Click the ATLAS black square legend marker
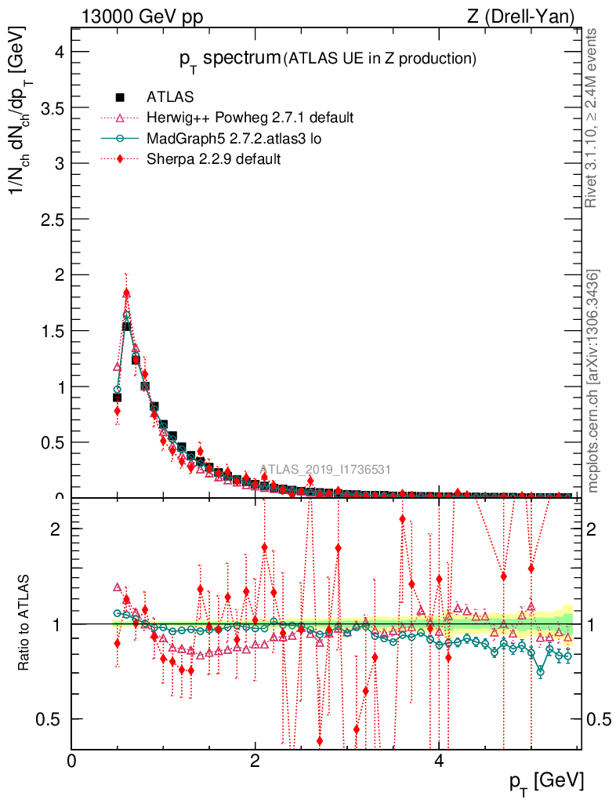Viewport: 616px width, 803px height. pyautogui.click(x=120, y=98)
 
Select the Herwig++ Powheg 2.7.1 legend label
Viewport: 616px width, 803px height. pyautogui.click(x=250, y=118)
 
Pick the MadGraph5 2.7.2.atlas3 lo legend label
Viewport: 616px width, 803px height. pyautogui.click(x=234, y=139)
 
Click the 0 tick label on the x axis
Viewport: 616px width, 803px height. pyautogui.click(x=72, y=761)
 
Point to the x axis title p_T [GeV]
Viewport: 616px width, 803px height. pyautogui.click(x=545, y=781)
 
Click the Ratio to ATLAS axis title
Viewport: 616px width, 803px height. pyautogui.click(x=24, y=623)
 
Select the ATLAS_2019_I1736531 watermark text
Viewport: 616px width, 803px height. pyautogui.click(x=324, y=470)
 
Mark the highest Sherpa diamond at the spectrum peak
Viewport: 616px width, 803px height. pyautogui.click(x=126, y=293)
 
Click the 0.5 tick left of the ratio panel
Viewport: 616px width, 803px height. pyautogui.click(x=50, y=719)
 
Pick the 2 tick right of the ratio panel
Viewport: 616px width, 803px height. pyautogui.click(x=598, y=529)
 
